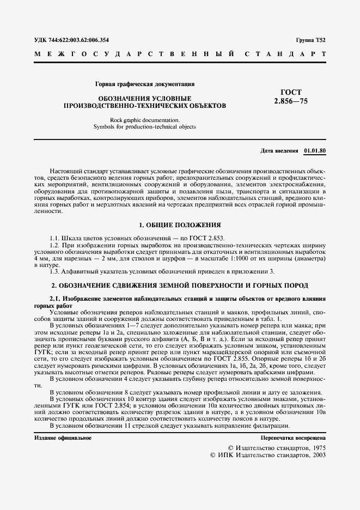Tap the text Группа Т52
pos(310,40)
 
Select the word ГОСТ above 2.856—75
pos(291,92)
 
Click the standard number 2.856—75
pos(291,101)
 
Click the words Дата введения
pos(279,150)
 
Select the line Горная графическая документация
pos(145,84)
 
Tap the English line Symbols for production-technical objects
pos(144,126)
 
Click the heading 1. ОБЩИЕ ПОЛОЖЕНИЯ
pos(180,224)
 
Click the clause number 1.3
pos(54,271)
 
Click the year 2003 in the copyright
pos(315,455)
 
